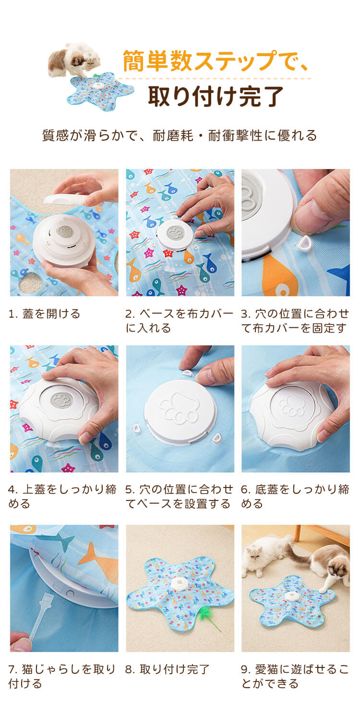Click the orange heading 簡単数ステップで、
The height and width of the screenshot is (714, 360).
(216, 60)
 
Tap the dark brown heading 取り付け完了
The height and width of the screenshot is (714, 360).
(216, 96)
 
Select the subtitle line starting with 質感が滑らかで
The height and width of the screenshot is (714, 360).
(180, 135)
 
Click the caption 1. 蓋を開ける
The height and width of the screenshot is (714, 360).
(44, 314)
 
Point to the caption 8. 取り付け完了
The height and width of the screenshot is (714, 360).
(167, 669)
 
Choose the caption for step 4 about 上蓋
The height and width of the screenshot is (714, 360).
(62, 496)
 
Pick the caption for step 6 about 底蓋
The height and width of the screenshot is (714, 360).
(295, 496)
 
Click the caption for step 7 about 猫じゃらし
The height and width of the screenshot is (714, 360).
(62, 676)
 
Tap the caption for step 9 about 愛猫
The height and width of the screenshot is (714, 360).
(295, 676)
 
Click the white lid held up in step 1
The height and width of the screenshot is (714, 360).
(65, 200)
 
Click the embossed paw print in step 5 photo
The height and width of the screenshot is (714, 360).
(180, 409)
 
